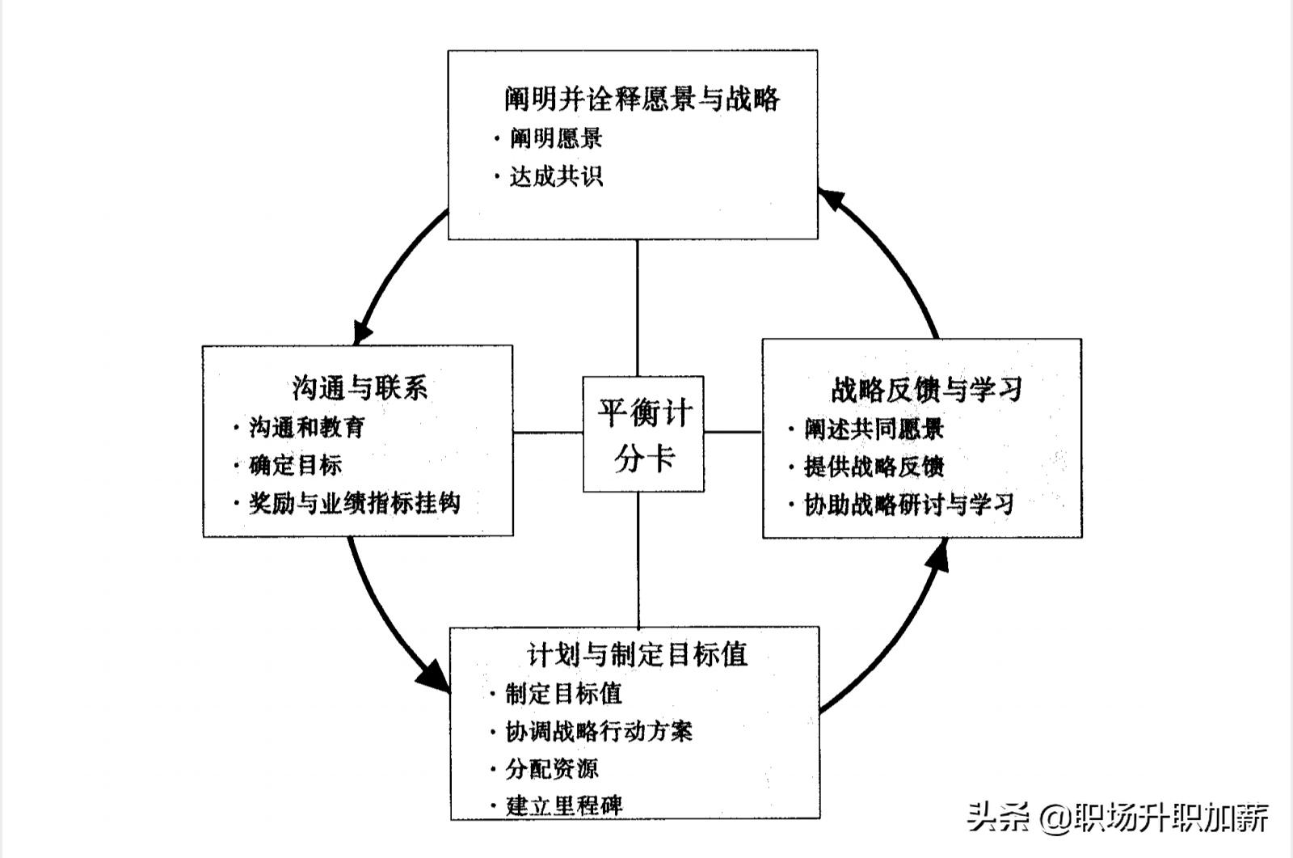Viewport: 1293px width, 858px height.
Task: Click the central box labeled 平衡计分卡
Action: click(643, 434)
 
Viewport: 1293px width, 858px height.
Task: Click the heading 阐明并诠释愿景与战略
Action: click(642, 99)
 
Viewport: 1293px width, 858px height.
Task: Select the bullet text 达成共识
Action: click(556, 176)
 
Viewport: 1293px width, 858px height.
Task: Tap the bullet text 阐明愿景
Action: click(556, 138)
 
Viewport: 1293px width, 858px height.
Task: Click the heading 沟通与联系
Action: click(359, 387)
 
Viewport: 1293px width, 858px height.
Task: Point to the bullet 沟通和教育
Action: click(307, 427)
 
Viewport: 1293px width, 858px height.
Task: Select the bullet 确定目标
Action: click(295, 465)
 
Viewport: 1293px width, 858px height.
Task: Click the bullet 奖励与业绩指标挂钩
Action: click(354, 503)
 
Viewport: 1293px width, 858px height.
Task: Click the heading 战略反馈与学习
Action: click(926, 390)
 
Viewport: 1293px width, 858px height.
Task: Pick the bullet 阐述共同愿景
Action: click(874, 429)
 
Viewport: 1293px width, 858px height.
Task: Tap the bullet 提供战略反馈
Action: click(874, 467)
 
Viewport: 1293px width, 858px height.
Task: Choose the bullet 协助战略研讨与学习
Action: click(908, 505)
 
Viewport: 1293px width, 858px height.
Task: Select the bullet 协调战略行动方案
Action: click(598, 731)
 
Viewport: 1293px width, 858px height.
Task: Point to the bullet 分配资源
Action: click(552, 768)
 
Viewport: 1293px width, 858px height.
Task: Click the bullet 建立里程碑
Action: click(564, 805)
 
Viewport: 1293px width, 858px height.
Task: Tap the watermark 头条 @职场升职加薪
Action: click(1118, 817)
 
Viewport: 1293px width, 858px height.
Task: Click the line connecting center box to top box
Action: click(638, 307)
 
